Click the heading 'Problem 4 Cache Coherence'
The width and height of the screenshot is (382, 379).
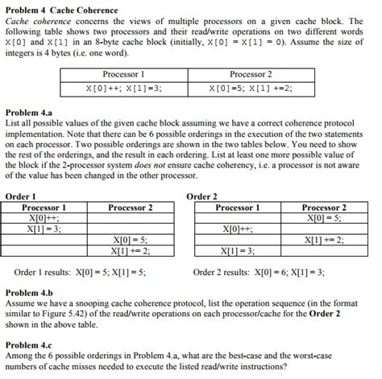click(x=61, y=10)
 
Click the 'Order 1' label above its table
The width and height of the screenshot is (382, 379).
click(x=20, y=196)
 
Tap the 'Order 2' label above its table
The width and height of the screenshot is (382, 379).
click(x=201, y=196)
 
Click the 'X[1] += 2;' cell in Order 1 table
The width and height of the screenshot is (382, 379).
click(x=130, y=250)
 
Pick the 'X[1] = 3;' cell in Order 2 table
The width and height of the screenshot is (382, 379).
click(x=238, y=250)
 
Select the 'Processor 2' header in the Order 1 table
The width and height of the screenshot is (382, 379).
click(x=130, y=207)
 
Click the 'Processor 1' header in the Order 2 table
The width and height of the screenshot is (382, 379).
click(x=238, y=207)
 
